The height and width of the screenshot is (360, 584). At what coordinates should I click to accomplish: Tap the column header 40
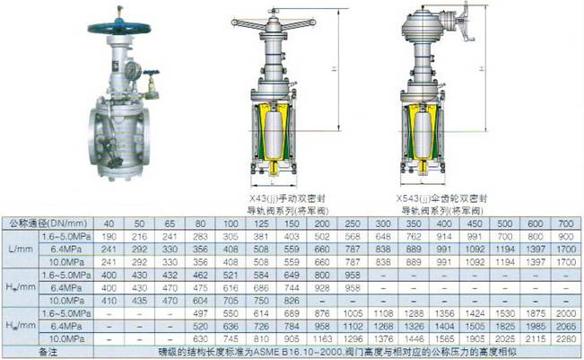pos(109,222)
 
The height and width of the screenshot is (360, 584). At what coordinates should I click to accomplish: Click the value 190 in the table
pos(109,234)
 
